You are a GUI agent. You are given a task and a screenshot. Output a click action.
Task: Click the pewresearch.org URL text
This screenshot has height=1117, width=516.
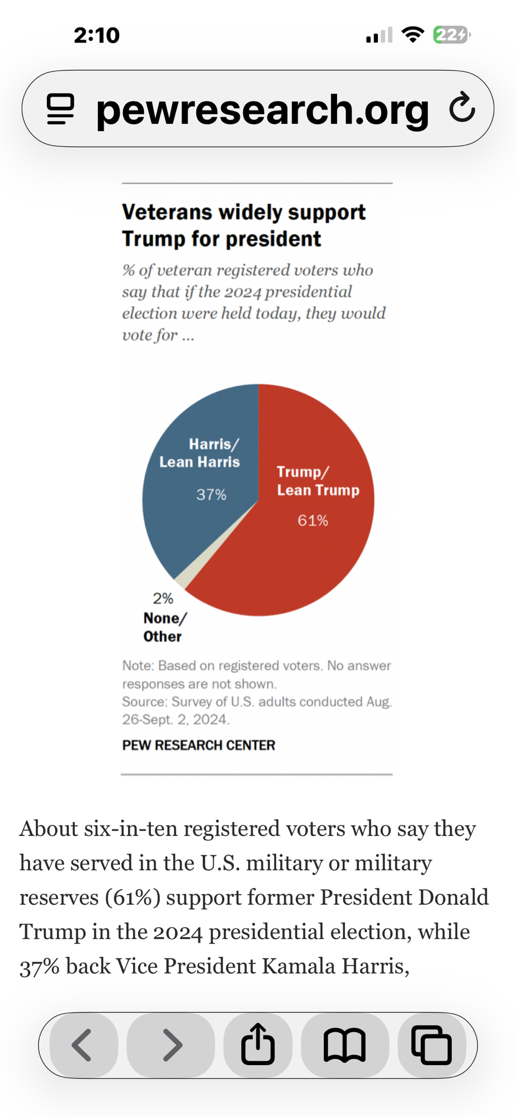point(262,109)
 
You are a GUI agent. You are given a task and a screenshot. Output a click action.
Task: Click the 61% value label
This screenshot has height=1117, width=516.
point(313,521)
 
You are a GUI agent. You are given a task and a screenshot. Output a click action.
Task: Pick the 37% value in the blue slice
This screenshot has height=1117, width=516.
point(211,494)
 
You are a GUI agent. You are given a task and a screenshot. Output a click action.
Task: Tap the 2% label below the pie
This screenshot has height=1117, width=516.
point(163,598)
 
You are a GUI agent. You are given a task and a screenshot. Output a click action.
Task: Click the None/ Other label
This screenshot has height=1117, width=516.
point(164,627)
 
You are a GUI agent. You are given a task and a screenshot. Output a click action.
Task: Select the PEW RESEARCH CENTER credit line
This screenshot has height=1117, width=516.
point(198,745)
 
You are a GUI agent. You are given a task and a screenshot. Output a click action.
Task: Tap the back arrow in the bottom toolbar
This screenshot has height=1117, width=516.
point(83,1045)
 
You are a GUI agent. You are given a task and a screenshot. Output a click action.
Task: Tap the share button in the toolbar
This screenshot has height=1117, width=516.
point(258,1044)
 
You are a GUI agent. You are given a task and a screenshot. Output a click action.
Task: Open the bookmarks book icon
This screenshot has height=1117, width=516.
point(344,1045)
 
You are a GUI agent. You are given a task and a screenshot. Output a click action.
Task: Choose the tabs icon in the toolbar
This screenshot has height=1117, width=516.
point(431,1045)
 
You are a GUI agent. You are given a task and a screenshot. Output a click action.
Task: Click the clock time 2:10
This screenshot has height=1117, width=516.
point(97,35)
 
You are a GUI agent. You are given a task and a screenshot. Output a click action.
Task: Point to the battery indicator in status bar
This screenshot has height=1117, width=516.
point(451,35)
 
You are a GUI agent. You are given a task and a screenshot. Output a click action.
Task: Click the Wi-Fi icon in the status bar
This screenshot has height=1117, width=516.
point(413,35)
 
